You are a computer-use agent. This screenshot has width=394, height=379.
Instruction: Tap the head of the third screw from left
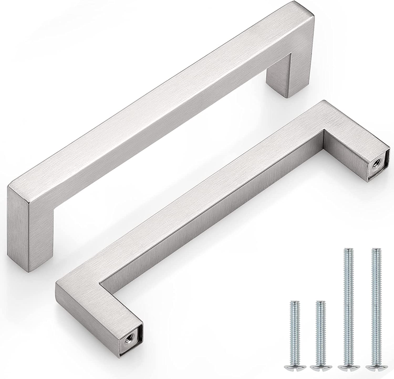348,367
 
